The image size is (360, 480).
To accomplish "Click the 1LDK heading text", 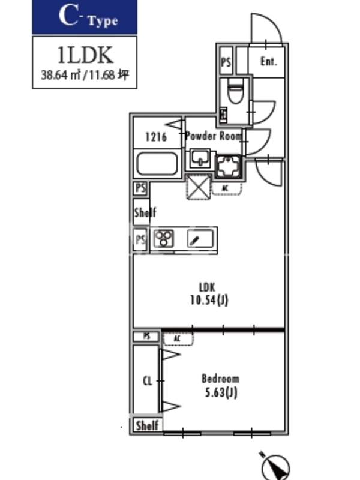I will [x=85, y=55].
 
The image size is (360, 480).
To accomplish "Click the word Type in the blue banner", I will [x=103, y=21].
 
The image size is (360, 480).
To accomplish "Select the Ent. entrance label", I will [x=268, y=61].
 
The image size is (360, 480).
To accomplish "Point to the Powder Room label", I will [x=213, y=136].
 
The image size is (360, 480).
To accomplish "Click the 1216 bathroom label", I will [x=155, y=137].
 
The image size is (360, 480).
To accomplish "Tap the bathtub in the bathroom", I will [x=157, y=164].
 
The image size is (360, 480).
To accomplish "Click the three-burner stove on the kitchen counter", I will [x=163, y=239].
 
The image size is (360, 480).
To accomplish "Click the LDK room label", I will [x=207, y=286].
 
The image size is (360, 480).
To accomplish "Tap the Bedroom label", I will [x=220, y=379].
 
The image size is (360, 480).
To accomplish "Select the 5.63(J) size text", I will [x=220, y=393].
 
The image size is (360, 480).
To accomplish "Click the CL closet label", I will [x=146, y=380].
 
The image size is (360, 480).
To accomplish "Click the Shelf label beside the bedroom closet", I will [x=147, y=425].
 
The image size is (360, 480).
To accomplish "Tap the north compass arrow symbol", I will [x=275, y=463].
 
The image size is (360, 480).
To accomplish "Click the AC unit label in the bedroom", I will [x=178, y=339].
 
